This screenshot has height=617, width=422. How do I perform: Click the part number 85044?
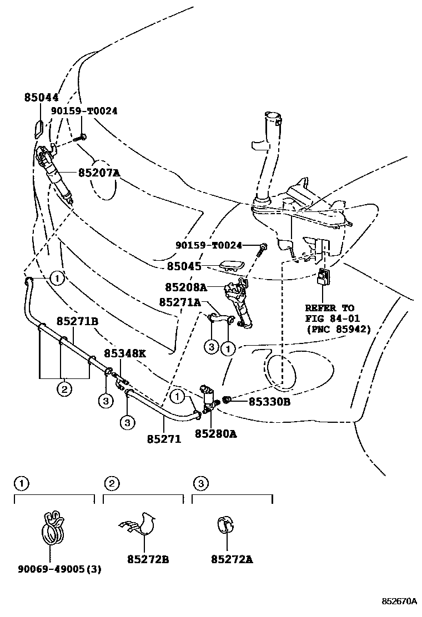pyautogui.click(x=41, y=97)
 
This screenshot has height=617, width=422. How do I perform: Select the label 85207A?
pyautogui.click(x=99, y=173)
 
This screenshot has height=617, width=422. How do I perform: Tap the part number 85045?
pyautogui.click(x=184, y=266)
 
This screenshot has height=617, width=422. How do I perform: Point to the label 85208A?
pyautogui.click(x=185, y=287)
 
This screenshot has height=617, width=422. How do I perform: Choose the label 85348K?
pyautogui.click(x=125, y=353)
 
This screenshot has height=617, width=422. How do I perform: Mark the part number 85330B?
pyautogui.click(x=269, y=401)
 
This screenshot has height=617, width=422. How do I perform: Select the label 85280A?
pyautogui.click(x=215, y=434)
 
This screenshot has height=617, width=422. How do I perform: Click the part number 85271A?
pyautogui.click(x=179, y=302)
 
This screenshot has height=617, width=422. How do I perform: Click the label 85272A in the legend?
pyautogui.click(x=232, y=560)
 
